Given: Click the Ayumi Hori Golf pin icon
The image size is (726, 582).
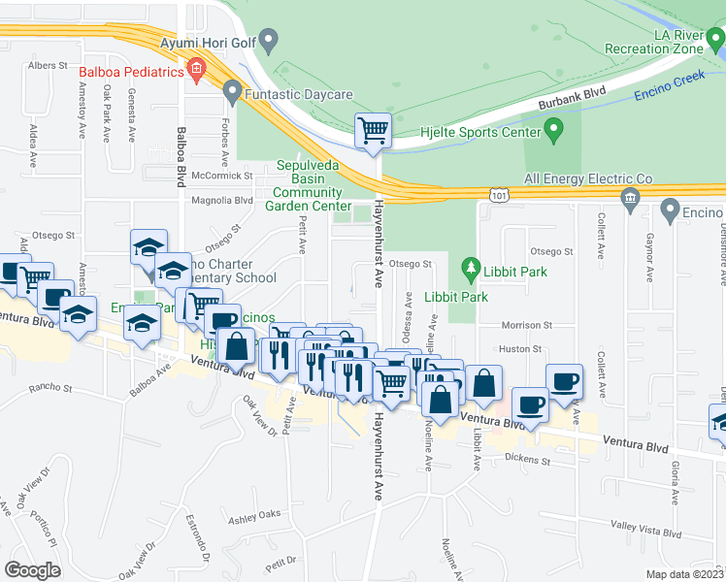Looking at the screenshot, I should click(270, 40).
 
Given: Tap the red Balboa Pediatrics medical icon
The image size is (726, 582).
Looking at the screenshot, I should click(197, 68).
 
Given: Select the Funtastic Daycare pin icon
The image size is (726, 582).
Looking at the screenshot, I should click(231, 93).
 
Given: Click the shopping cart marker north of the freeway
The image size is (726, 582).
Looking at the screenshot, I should click(373, 129).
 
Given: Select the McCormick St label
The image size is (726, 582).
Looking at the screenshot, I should click(220, 176).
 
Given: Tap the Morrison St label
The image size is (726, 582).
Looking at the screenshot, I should click(526, 326).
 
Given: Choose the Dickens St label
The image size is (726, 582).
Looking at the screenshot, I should click(526, 459).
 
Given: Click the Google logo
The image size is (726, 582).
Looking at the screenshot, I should click(33, 569).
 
